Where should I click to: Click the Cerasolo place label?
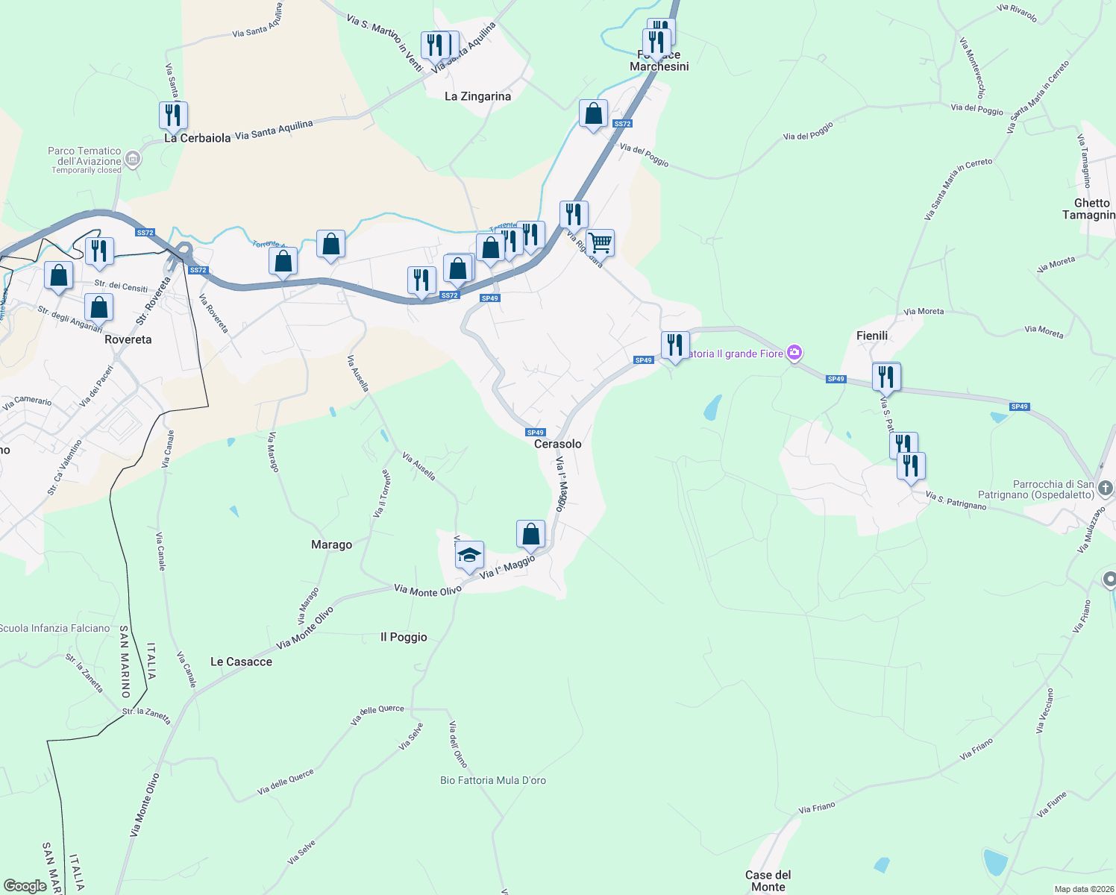point(557,444)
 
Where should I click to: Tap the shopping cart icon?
point(600,242)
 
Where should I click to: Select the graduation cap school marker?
point(469,556)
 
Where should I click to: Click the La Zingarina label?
point(477,96)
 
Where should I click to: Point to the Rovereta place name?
point(128,339)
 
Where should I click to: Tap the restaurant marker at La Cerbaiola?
point(173,116)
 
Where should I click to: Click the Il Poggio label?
point(404,637)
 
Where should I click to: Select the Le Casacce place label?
point(241,662)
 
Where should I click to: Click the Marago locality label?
point(331,545)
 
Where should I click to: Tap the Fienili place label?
point(872,336)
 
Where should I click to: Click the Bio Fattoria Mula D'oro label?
point(493,780)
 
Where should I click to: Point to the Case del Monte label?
point(768,881)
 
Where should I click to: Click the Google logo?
point(25,886)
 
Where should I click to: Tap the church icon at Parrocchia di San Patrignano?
point(1106,489)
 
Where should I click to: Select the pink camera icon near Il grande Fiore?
point(794,353)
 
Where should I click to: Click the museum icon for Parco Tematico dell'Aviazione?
point(132,158)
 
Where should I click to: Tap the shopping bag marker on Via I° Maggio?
point(530,534)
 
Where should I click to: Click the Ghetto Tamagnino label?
point(1091,209)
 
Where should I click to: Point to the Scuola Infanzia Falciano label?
point(54,628)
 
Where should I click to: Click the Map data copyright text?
point(1082,889)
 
